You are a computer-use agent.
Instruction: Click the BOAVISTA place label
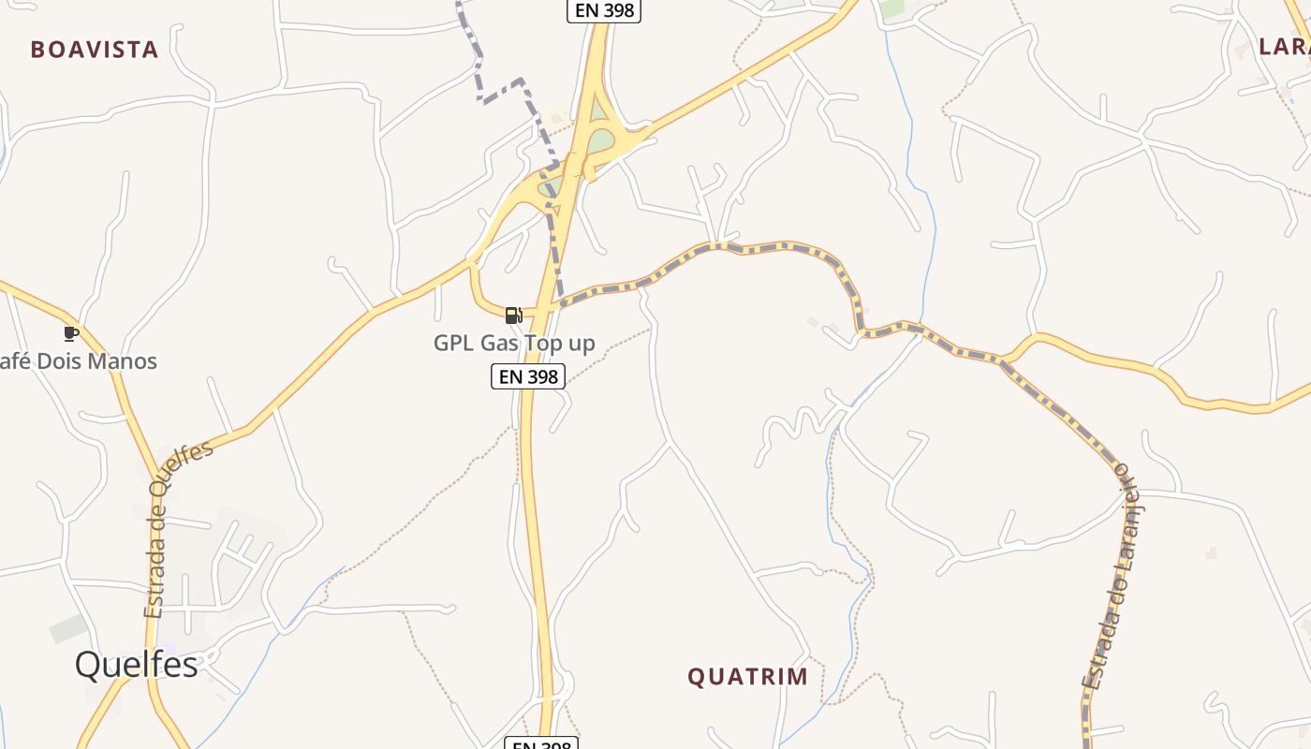95,50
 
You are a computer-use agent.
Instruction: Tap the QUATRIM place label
747,676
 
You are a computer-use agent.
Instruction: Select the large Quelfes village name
137,664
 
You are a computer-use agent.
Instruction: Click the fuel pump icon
513,316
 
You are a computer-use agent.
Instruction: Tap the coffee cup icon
70,333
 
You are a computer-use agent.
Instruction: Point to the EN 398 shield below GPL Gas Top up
528,376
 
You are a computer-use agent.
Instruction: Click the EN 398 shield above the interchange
604,11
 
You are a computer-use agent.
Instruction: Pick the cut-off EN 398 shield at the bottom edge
541,744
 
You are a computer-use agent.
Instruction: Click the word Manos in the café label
122,361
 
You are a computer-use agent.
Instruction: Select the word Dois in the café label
55,361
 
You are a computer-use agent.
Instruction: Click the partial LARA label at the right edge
1284,47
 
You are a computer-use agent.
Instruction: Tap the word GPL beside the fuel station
454,344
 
